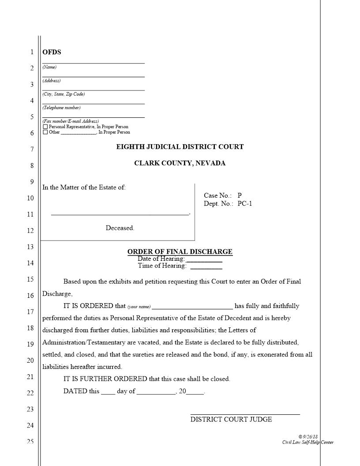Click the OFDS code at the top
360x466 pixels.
(x=52, y=52)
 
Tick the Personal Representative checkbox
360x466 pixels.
(x=45, y=127)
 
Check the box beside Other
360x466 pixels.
(x=45, y=132)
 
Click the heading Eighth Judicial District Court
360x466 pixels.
(x=180, y=147)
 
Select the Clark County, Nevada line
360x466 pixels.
(x=180, y=163)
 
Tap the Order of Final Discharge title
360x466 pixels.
(x=180, y=252)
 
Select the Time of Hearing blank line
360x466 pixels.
(x=206, y=267)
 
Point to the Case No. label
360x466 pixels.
(x=217, y=195)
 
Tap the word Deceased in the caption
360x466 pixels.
(x=120, y=228)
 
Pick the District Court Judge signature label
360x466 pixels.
(x=231, y=419)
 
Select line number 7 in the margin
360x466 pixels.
(x=31, y=150)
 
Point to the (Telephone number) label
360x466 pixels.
(x=61, y=108)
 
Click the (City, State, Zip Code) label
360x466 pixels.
(x=64, y=94)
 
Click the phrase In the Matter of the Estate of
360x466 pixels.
(x=84, y=187)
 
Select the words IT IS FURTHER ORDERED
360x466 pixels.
(x=105, y=379)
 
